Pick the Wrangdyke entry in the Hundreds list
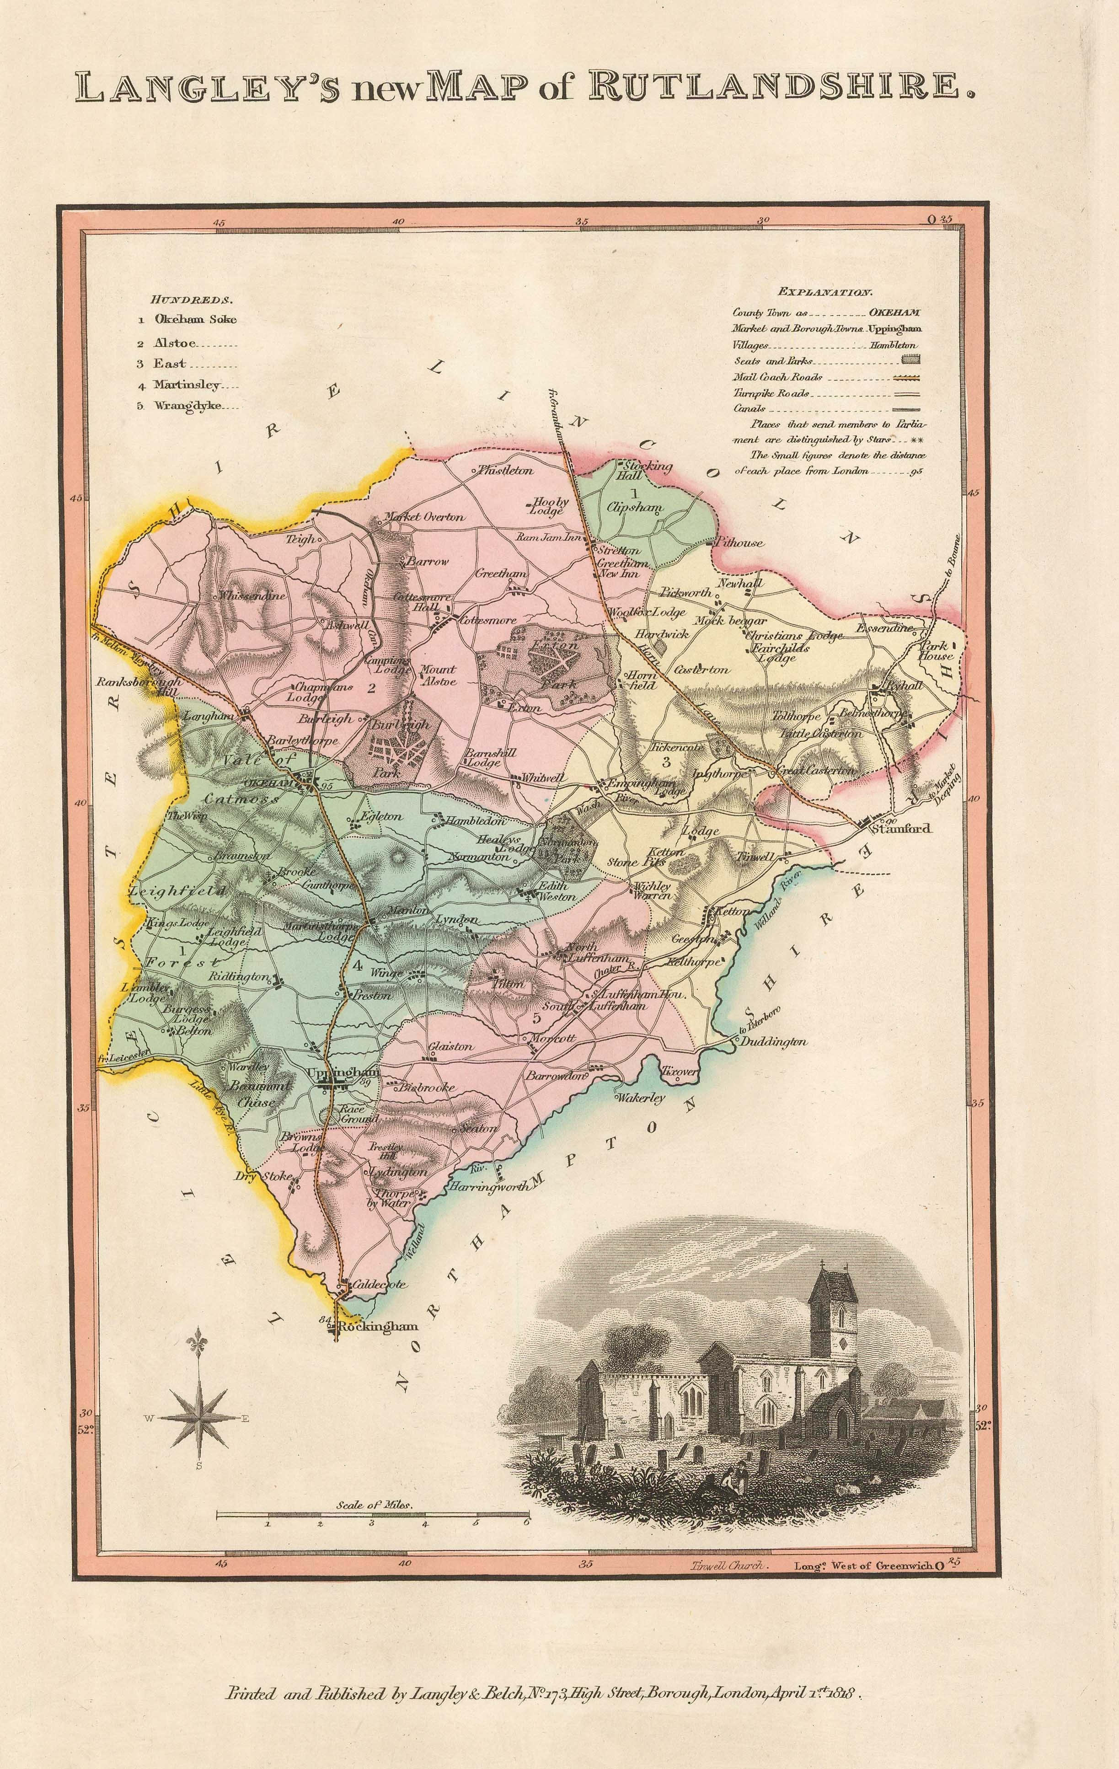[x=187, y=406]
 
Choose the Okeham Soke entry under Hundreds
[x=195, y=319]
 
